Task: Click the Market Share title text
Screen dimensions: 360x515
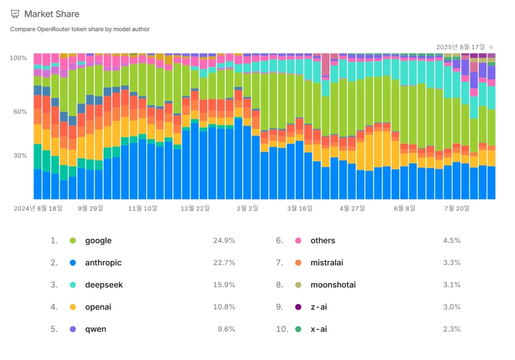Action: pyautogui.click(x=52, y=14)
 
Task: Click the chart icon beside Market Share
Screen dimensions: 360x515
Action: pyautogui.click(x=15, y=14)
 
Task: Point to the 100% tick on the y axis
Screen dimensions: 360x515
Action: pyautogui.click(x=19, y=58)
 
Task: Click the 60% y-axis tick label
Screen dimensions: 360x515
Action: pyautogui.click(x=20, y=112)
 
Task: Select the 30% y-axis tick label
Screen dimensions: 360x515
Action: pyautogui.click(x=20, y=156)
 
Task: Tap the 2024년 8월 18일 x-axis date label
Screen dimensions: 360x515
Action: pyautogui.click(x=38, y=208)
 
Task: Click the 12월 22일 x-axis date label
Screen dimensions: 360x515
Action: pyautogui.click(x=195, y=208)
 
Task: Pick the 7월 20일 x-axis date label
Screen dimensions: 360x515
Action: pyautogui.click(x=457, y=208)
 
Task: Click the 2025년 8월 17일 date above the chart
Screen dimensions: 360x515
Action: pyautogui.click(x=461, y=47)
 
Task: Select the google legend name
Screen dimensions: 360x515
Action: pyautogui.click(x=99, y=240)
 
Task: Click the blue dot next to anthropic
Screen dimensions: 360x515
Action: pyautogui.click(x=73, y=262)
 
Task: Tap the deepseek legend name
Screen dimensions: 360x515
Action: pyautogui.click(x=104, y=285)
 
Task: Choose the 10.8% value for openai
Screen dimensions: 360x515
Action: pyautogui.click(x=224, y=307)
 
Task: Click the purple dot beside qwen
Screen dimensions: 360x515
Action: pyautogui.click(x=73, y=329)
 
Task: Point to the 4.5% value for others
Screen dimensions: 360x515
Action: pyautogui.click(x=452, y=240)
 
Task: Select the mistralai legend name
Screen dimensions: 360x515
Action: pyautogui.click(x=327, y=262)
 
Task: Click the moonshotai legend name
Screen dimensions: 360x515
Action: pyautogui.click(x=333, y=285)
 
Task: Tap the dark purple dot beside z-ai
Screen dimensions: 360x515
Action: pyautogui.click(x=298, y=307)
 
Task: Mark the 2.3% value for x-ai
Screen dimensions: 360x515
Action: pyautogui.click(x=452, y=329)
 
